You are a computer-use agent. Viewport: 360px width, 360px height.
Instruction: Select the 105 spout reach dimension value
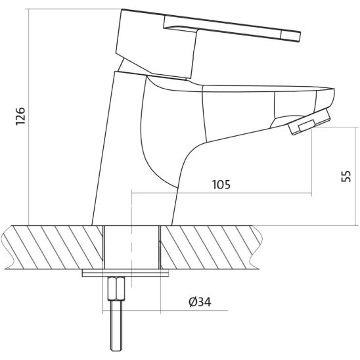(x=221, y=185)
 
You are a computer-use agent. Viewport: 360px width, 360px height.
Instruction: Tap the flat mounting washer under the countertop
(x=124, y=272)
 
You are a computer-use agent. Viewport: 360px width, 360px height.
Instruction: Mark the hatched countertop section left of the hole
(x=53, y=246)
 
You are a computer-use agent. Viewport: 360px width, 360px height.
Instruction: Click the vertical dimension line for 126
(x=30, y=118)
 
